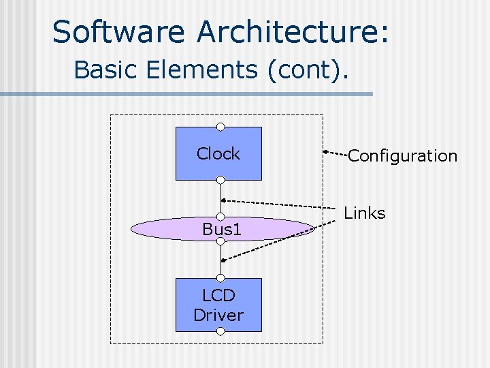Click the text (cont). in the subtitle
308,70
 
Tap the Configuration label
402,156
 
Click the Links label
365,213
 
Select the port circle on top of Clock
220,127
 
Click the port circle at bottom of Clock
220,180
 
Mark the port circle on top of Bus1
220,217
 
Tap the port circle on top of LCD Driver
220,278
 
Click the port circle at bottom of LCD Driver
220,331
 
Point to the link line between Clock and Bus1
220,198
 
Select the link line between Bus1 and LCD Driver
220,259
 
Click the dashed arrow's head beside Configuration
326,149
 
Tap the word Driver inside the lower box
218,316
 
